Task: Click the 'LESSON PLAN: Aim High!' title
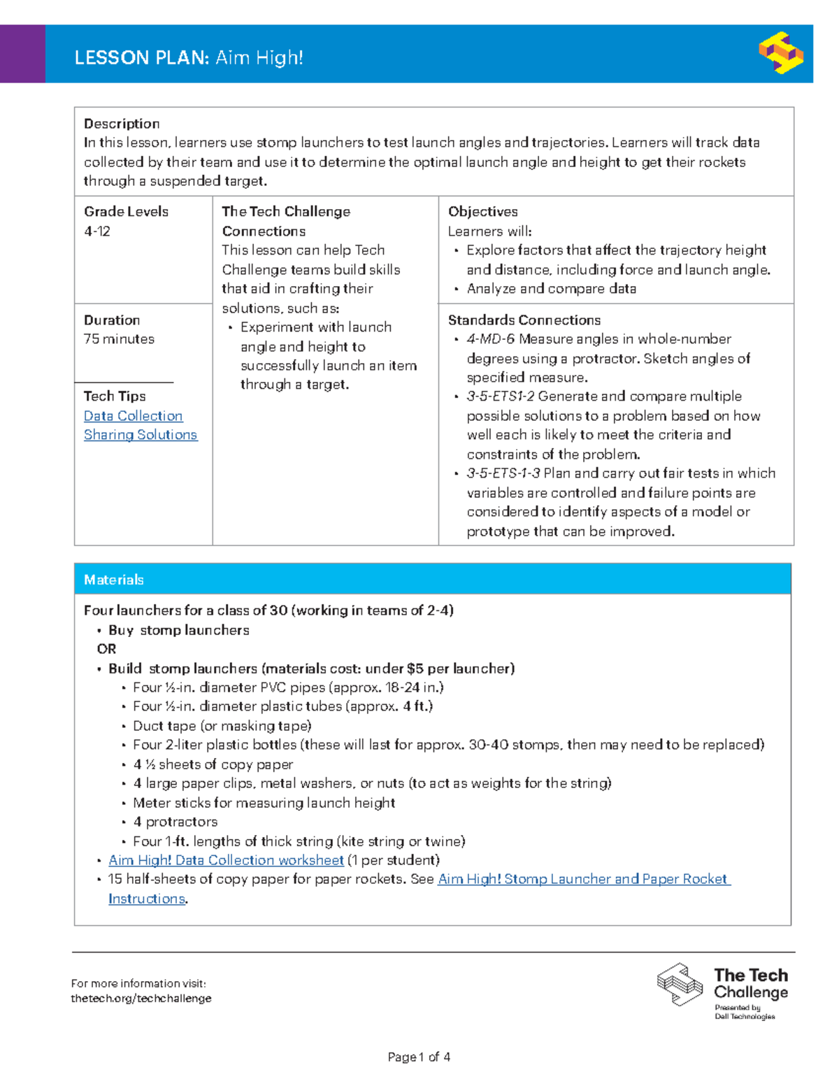[189, 57]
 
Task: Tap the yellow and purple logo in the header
[780, 53]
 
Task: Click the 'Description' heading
[122, 124]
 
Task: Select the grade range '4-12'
[97, 231]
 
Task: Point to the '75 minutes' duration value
[119, 339]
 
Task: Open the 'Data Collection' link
[133, 416]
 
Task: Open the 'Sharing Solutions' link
[141, 435]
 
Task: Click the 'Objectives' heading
[482, 212]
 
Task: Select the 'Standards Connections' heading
[524, 320]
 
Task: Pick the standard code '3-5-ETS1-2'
[501, 396]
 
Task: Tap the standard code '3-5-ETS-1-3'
[503, 473]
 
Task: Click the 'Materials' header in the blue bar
[113, 580]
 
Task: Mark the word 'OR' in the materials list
[106, 649]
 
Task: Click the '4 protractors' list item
[175, 822]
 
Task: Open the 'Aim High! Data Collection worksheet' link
[226, 860]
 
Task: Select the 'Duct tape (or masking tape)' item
[222, 726]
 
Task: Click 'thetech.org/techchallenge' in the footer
[141, 999]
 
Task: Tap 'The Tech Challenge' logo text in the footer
[750, 983]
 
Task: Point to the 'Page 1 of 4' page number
[419, 1057]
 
